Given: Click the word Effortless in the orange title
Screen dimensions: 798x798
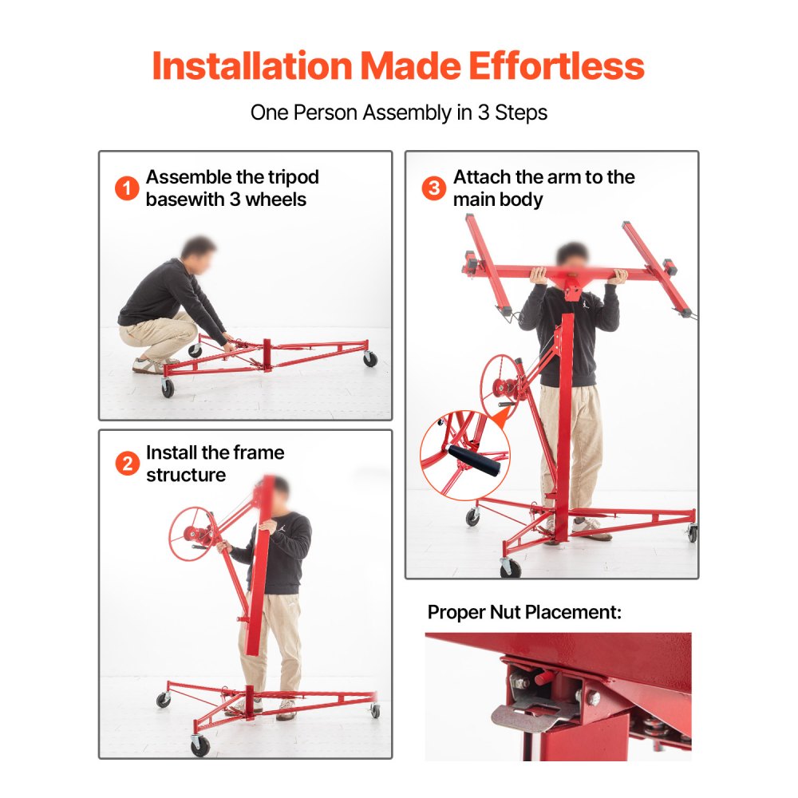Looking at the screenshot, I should [556, 65].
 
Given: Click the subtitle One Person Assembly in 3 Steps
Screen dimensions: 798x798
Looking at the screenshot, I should [399, 112].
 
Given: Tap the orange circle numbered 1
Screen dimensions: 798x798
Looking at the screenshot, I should [127, 189].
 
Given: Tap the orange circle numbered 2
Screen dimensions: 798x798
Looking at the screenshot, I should [127, 464].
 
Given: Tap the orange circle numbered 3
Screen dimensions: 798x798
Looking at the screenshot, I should [433, 189].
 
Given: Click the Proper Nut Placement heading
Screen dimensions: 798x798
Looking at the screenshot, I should [524, 612].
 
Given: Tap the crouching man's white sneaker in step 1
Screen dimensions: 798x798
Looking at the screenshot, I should [147, 365].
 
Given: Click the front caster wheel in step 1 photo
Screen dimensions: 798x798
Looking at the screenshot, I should [168, 389].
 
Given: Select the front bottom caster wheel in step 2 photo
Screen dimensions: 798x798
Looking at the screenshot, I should [199, 745].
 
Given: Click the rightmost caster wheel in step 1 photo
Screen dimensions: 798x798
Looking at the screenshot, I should [369, 359].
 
